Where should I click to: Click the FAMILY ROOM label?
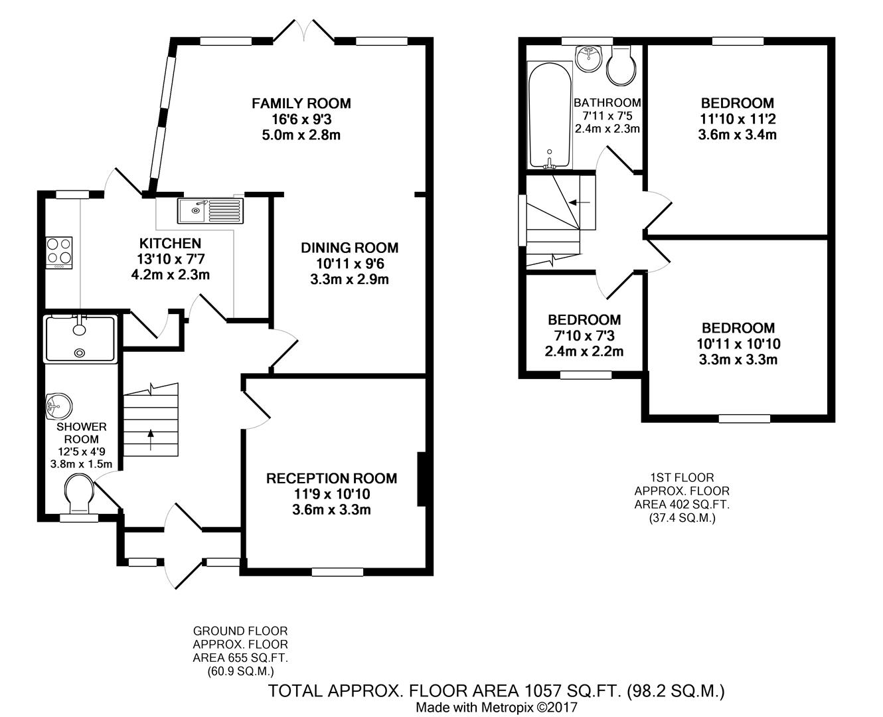[301, 103]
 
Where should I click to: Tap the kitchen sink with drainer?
[210, 210]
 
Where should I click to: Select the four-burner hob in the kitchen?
[59, 253]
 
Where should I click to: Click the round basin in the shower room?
[58, 405]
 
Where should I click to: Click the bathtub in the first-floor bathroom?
[550, 116]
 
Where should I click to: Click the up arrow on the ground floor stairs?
[151, 439]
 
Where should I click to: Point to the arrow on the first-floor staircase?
[580, 202]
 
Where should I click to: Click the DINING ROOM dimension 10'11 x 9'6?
[350, 264]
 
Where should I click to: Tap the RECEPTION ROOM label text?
[332, 478]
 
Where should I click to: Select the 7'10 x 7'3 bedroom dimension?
[584, 335]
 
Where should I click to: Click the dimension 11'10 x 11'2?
[738, 119]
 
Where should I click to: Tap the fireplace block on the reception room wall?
[421, 479]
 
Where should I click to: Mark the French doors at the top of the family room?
[304, 31]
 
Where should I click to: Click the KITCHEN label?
[171, 243]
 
